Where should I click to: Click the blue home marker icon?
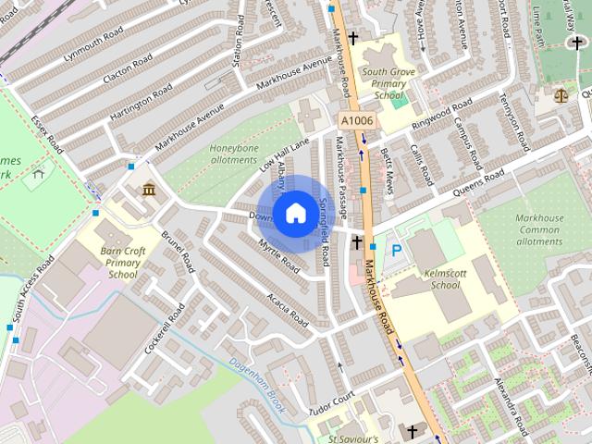[294, 214]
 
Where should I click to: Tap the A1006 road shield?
[356, 121]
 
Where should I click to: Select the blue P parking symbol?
[397, 250]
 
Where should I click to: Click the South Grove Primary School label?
[383, 82]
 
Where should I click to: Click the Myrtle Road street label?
[280, 256]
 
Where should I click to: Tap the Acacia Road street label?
[287, 306]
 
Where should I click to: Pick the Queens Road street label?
[478, 183]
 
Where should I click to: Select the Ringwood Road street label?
[442, 115]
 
